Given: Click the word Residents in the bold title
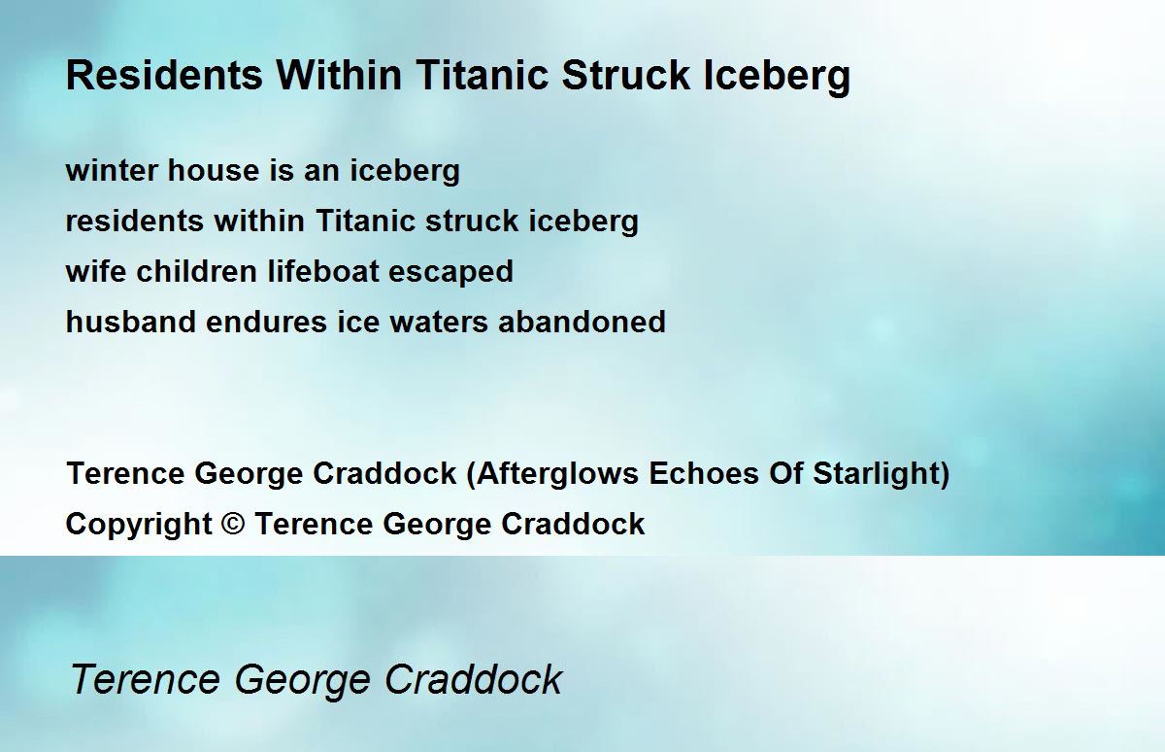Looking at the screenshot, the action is tap(164, 75).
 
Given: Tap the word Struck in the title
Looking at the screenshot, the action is tap(626, 75).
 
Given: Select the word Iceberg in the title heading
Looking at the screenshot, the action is tap(777, 78).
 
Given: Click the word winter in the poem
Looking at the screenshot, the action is tap(112, 170).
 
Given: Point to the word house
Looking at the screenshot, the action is tap(213, 170).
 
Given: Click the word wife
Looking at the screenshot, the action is tap(96, 271).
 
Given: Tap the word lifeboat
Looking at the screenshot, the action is tap(323, 271).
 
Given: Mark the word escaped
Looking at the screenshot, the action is tap(450, 272).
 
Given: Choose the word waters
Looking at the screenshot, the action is tap(439, 323).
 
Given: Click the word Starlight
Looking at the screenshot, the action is tap(876, 474).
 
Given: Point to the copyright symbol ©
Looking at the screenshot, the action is tap(232, 523).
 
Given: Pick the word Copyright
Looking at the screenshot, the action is tap(139, 525).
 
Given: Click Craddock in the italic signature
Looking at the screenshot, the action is tap(474, 679).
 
